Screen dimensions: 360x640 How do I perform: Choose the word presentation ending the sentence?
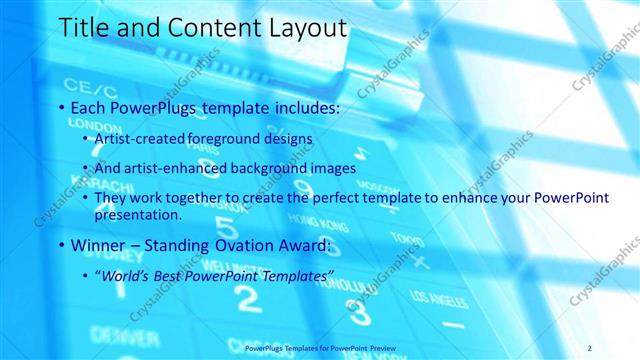click(137, 215)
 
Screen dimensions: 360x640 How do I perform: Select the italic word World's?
click(124, 275)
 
